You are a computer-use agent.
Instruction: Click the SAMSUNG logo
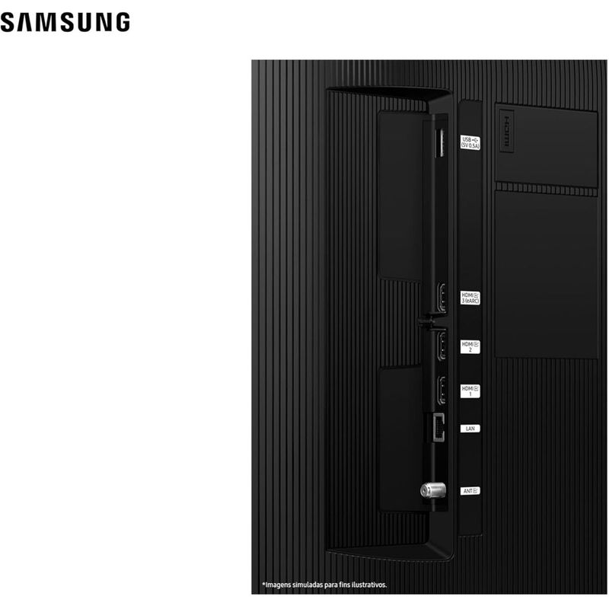(x=65, y=22)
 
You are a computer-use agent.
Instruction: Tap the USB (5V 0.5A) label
(x=470, y=142)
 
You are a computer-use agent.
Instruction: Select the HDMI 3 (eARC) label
(x=470, y=297)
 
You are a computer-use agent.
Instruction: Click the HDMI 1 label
(x=470, y=391)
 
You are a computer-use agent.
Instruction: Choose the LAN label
(x=470, y=429)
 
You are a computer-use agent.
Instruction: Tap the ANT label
(x=470, y=491)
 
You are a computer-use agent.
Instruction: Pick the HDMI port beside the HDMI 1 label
(x=441, y=391)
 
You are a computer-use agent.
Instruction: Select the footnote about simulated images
(x=325, y=585)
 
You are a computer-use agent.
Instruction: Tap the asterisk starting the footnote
(x=263, y=584)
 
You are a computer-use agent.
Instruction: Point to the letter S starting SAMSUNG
(x=8, y=22)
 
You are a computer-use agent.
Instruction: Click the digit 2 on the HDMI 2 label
(x=470, y=351)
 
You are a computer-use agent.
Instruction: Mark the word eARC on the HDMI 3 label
(x=473, y=301)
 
